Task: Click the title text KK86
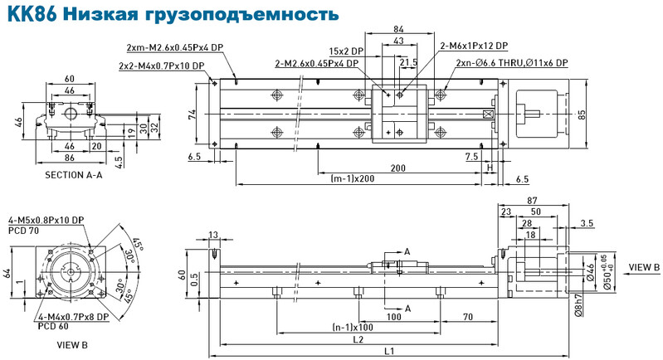[32, 13]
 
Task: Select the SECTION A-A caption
[74, 175]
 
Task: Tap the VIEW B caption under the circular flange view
[72, 345]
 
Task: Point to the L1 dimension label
[389, 351]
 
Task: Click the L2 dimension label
[358, 339]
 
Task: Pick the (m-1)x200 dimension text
[352, 178]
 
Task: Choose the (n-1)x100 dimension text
[353, 328]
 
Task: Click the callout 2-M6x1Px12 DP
[474, 46]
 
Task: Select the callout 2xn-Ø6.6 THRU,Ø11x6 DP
[512, 63]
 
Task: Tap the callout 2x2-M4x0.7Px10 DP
[162, 66]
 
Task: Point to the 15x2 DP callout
[346, 51]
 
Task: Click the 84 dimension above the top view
[398, 29]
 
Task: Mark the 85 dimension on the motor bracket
[582, 114]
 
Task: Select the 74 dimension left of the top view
[193, 114]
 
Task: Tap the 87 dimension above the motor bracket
[532, 200]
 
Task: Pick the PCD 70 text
[23, 231]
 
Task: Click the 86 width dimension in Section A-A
[70, 158]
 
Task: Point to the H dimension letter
[490, 168]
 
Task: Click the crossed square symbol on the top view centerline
[488, 114]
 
